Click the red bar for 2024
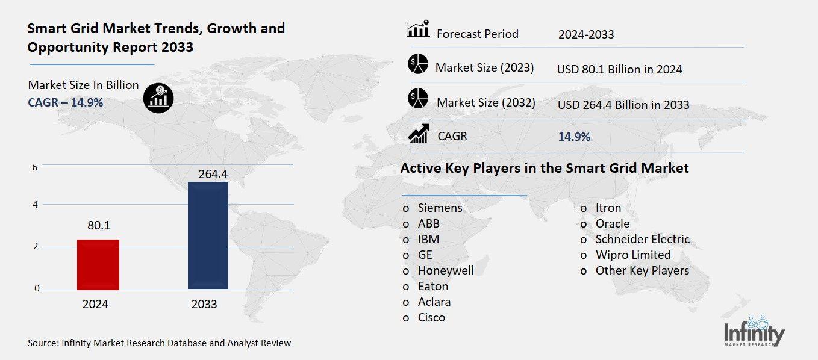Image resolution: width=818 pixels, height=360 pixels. tap(98, 264)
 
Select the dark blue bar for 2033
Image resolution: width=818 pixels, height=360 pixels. tap(208, 235)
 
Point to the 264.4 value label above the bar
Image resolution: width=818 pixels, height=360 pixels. tap(208, 174)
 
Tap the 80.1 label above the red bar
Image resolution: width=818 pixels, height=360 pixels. tap(98, 226)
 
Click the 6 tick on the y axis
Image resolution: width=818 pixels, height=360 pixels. tap(35, 167)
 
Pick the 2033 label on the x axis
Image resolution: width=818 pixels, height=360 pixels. tap(204, 305)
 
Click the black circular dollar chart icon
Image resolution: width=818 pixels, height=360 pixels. tap(158, 97)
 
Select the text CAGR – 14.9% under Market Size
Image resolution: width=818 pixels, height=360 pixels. tap(66, 102)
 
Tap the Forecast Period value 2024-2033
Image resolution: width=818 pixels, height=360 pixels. tap(586, 34)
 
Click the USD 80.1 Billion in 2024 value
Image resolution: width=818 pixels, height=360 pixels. tap(619, 69)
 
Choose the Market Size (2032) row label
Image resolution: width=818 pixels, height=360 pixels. tap(485, 103)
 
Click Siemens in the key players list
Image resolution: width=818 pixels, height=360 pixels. tap(440, 208)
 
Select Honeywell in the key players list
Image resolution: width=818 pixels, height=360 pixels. tap(446, 270)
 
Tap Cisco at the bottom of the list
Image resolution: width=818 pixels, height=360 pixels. tap(431, 317)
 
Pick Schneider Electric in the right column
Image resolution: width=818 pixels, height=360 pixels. tap(642, 239)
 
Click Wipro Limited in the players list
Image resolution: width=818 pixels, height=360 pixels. tap(632, 255)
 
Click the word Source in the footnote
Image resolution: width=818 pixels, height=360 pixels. tap(42, 343)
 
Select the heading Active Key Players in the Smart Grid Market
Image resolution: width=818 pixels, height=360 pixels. tap(545, 168)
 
